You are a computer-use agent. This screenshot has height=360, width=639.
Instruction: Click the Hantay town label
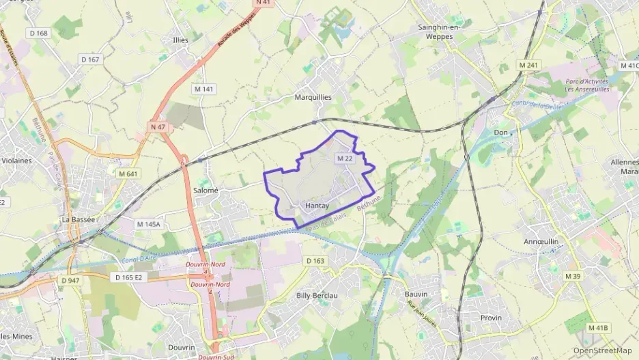coord(317,206)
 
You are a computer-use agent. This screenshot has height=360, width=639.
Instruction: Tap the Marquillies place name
coord(313,97)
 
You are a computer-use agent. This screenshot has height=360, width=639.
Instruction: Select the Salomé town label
coord(205,191)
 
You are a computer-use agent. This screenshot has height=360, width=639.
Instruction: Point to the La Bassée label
coord(79,219)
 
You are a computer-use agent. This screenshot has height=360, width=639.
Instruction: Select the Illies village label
coord(181,40)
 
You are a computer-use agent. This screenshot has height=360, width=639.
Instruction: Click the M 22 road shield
coord(344,158)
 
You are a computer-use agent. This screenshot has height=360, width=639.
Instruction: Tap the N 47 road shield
coord(158,127)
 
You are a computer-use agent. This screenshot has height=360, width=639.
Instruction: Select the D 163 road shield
coord(315,260)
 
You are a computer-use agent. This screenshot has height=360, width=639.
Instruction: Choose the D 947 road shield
coord(70,280)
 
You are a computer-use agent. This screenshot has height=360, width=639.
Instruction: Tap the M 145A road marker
coord(147,224)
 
